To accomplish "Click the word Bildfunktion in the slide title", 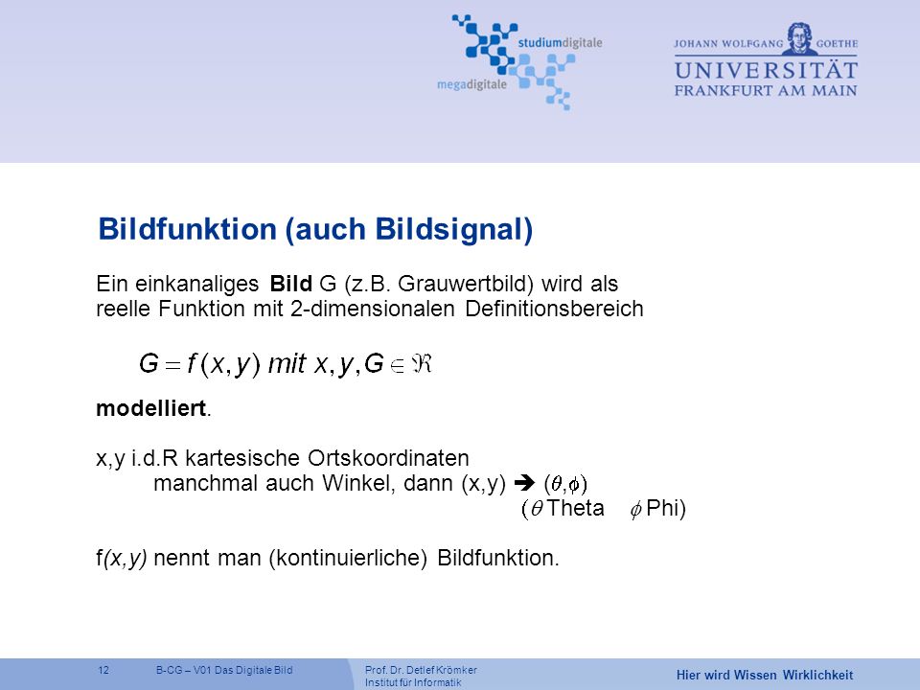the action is coord(187,228).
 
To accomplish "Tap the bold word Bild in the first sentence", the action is coord(290,284).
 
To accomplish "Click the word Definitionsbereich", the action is coord(554,308).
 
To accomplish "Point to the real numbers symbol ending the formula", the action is coord(422,364).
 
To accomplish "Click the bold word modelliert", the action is coord(150,408).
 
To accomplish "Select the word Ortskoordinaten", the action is coord(388,458).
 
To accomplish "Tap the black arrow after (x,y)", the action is coord(524,483).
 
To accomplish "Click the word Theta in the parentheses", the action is coord(575,508).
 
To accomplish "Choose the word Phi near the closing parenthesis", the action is coord(662,508).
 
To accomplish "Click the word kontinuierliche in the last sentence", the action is coord(348,558).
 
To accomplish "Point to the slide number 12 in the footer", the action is coord(103,670).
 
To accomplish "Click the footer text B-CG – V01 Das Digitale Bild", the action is coord(224,670).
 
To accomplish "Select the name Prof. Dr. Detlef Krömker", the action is coord(421,670).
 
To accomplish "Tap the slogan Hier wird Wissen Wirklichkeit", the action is coord(765,675).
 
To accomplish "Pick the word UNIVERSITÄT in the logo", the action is coord(766,70).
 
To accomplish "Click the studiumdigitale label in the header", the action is coord(560,43).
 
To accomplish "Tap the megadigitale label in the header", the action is coord(471,84).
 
